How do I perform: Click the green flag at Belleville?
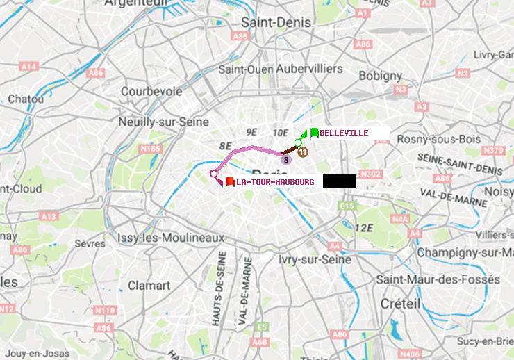(314, 132)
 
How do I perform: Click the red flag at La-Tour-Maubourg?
(229, 182)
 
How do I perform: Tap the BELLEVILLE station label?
(344, 133)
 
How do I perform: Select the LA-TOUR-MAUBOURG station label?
(275, 182)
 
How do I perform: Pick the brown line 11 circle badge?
(303, 152)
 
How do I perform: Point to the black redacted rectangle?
(339, 181)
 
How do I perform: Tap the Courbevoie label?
(151, 91)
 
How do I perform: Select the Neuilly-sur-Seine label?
(165, 122)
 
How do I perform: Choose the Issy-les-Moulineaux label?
(171, 238)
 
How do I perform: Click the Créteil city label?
(400, 304)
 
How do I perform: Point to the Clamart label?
(149, 285)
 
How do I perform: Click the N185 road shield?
(150, 148)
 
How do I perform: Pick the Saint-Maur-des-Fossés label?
(438, 279)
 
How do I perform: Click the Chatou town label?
(25, 99)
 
